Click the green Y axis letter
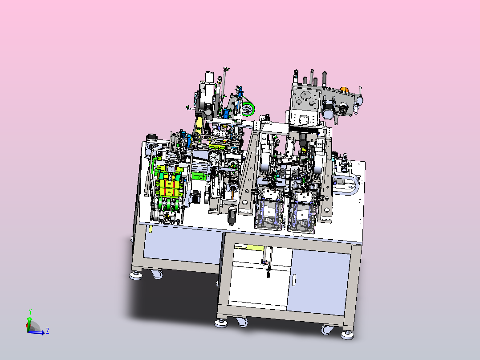[x=30, y=311]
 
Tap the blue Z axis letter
[x=48, y=331]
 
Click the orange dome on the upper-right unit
[x=344, y=90]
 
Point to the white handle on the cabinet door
[x=294, y=279]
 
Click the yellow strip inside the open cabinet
[x=254, y=248]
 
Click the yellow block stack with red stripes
[x=168, y=184]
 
